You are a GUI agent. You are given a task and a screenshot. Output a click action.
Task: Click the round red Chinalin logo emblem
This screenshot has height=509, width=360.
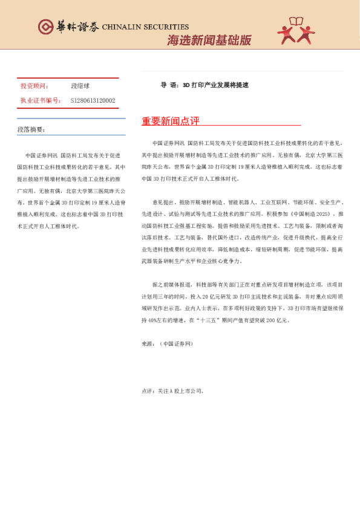45,27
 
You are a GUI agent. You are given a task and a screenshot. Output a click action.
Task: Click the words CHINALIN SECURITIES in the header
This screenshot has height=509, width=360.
146,27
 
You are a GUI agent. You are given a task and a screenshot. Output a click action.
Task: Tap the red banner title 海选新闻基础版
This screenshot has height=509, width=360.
209,41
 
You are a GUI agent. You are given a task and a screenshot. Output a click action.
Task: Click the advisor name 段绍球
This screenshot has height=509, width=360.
81,86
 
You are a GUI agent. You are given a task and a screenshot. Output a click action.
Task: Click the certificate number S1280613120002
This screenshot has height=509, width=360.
93,100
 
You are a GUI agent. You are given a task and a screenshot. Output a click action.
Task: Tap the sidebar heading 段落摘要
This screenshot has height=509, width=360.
31,129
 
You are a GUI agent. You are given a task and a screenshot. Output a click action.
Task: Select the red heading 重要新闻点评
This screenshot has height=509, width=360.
171,122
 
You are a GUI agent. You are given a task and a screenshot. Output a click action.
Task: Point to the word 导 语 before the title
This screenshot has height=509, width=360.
169,85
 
